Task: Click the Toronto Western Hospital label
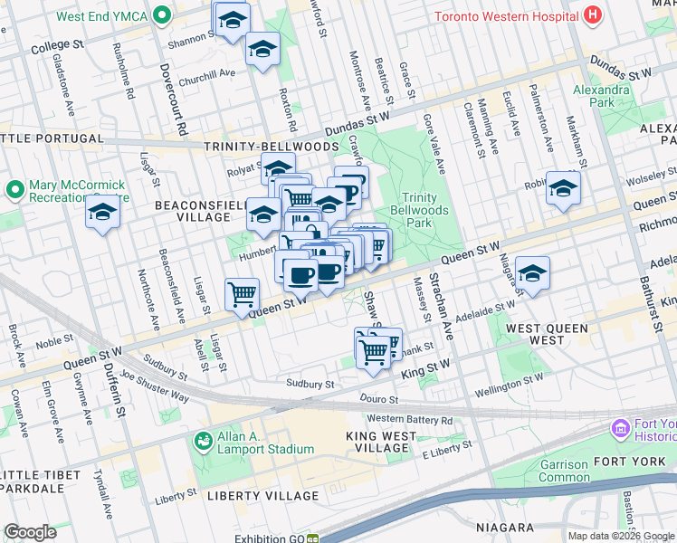(507, 16)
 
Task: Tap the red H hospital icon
(592, 14)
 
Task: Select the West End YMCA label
(102, 16)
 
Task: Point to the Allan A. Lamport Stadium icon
(203, 440)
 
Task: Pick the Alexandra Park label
(601, 96)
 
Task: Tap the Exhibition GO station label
(265, 538)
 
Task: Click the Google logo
(30, 532)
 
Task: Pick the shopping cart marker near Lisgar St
(242, 294)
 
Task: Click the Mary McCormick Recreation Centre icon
(14, 191)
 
